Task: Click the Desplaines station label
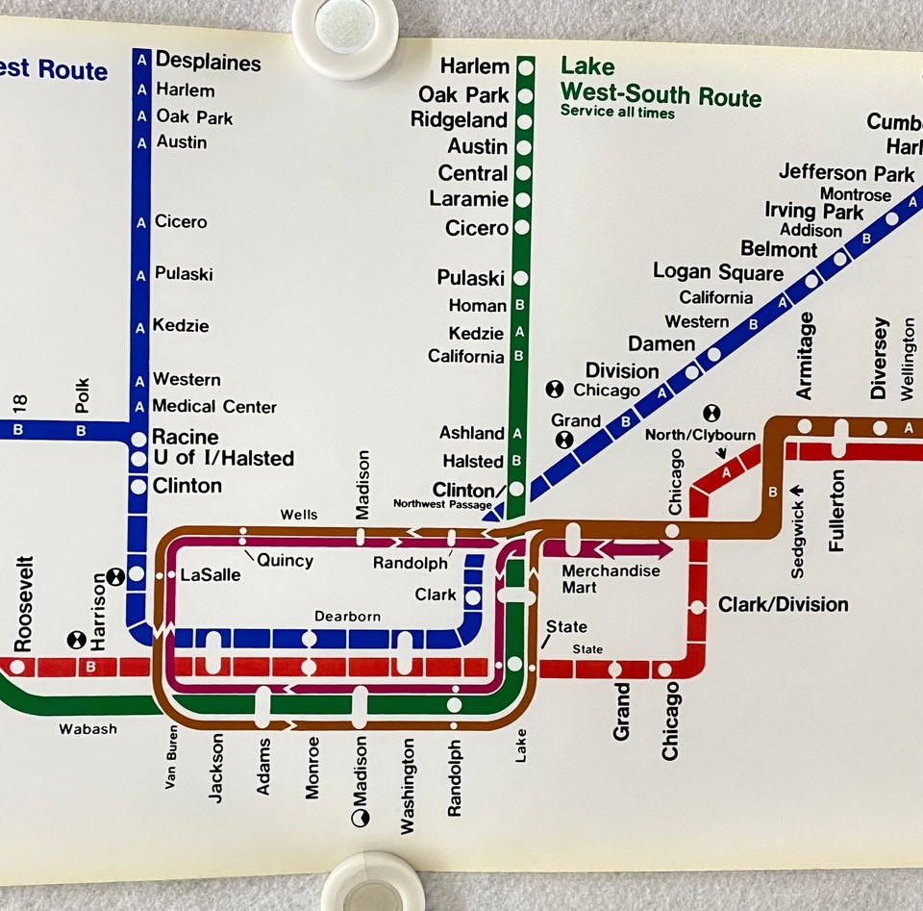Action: click(208, 63)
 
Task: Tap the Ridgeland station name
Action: click(459, 120)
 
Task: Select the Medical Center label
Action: click(213, 406)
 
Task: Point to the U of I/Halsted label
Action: click(222, 459)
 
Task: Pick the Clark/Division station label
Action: click(783, 605)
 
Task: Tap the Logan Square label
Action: click(717, 272)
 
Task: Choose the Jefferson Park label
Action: click(846, 173)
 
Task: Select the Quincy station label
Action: click(284, 560)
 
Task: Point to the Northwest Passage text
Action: click(441, 504)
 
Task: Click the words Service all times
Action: click(617, 114)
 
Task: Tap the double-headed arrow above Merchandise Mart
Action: click(636, 549)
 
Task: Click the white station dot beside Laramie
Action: click(524, 201)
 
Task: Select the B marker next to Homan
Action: click(519, 306)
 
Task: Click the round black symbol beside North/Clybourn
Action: click(711, 413)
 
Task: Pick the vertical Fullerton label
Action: click(837, 510)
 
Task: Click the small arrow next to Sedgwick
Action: click(797, 493)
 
